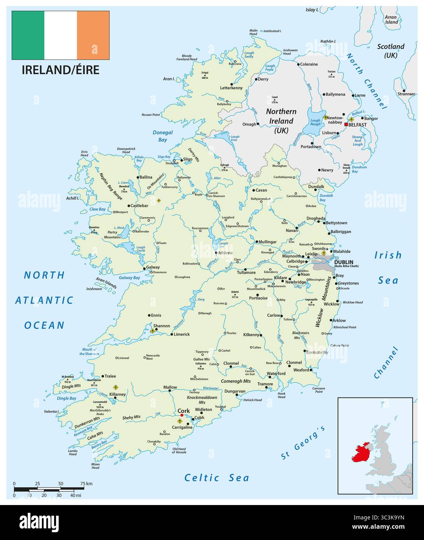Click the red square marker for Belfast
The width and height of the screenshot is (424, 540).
345,124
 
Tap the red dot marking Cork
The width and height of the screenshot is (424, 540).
182,415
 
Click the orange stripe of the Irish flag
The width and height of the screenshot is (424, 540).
93,35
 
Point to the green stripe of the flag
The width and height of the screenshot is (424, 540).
28,35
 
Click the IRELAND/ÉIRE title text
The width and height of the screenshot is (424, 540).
60,70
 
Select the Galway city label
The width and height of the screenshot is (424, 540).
153,267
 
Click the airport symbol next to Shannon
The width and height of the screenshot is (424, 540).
152,331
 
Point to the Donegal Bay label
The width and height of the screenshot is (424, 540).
162,136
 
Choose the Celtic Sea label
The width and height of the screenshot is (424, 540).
216,478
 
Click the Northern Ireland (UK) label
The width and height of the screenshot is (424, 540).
281,121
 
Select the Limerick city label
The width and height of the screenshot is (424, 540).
181,334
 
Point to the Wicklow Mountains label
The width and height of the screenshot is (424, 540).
324,301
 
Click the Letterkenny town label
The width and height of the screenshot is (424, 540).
231,88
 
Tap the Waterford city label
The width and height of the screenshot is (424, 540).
276,373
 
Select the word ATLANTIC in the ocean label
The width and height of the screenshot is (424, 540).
44,300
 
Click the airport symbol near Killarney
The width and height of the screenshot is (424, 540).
115,387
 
